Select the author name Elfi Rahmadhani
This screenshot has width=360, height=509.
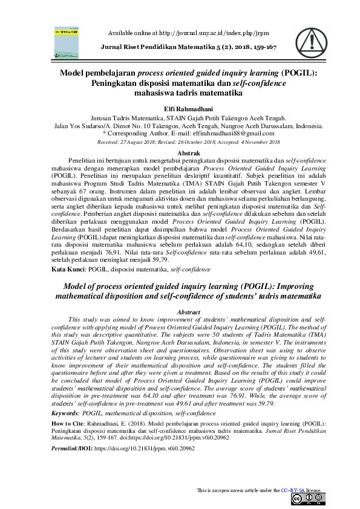(180, 108)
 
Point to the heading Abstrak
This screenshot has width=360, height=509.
(180, 153)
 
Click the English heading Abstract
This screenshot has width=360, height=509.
(180, 312)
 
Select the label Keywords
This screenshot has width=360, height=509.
(69, 412)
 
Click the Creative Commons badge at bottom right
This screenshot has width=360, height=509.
(307, 499)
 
